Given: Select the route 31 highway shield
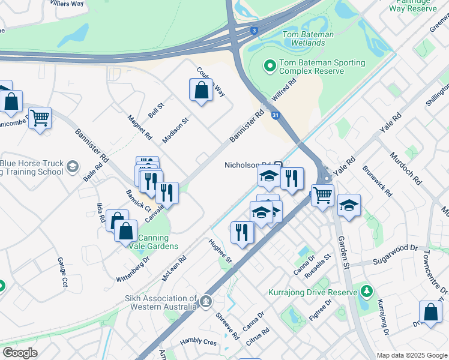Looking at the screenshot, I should tap(275, 114).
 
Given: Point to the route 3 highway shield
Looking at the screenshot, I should tap(255, 31).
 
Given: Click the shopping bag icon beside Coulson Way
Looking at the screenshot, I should tap(201, 91).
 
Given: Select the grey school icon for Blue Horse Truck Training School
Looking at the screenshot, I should tap(73, 166).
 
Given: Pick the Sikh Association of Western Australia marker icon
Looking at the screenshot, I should tap(206, 299).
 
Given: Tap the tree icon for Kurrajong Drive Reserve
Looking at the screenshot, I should tap(365, 292).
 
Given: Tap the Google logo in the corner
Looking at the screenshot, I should tap(19, 353).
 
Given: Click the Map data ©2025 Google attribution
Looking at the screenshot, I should tap(411, 355).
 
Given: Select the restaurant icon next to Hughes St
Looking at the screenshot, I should tap(242, 232).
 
